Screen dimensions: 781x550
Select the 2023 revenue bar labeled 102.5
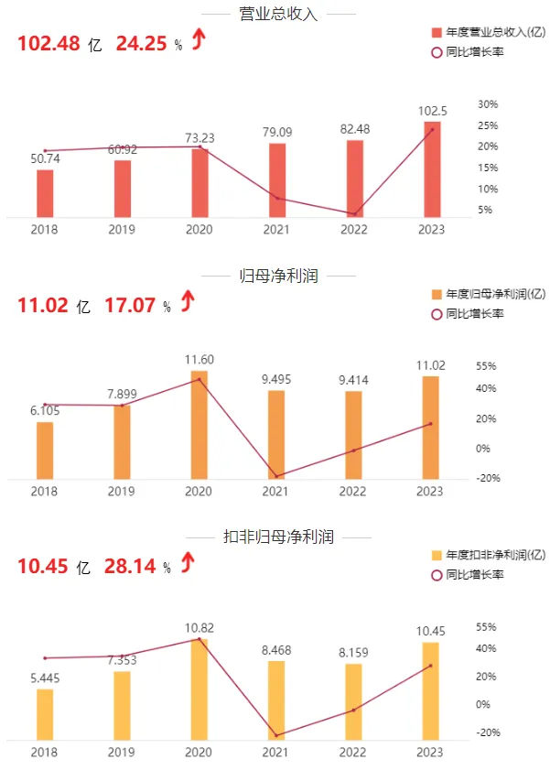coord(432,169)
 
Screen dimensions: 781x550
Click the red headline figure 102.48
coord(47,44)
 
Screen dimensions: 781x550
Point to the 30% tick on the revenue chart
coord(488,104)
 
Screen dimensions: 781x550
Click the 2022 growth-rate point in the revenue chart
coord(354,214)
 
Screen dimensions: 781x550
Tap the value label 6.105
coord(45,411)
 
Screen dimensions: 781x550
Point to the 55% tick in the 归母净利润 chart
coord(487,366)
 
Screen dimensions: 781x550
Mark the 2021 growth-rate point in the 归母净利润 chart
coord(277,476)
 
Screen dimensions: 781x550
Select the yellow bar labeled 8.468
coord(277,700)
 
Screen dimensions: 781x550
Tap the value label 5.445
coord(45,678)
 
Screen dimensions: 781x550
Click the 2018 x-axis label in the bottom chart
coord(45,752)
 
